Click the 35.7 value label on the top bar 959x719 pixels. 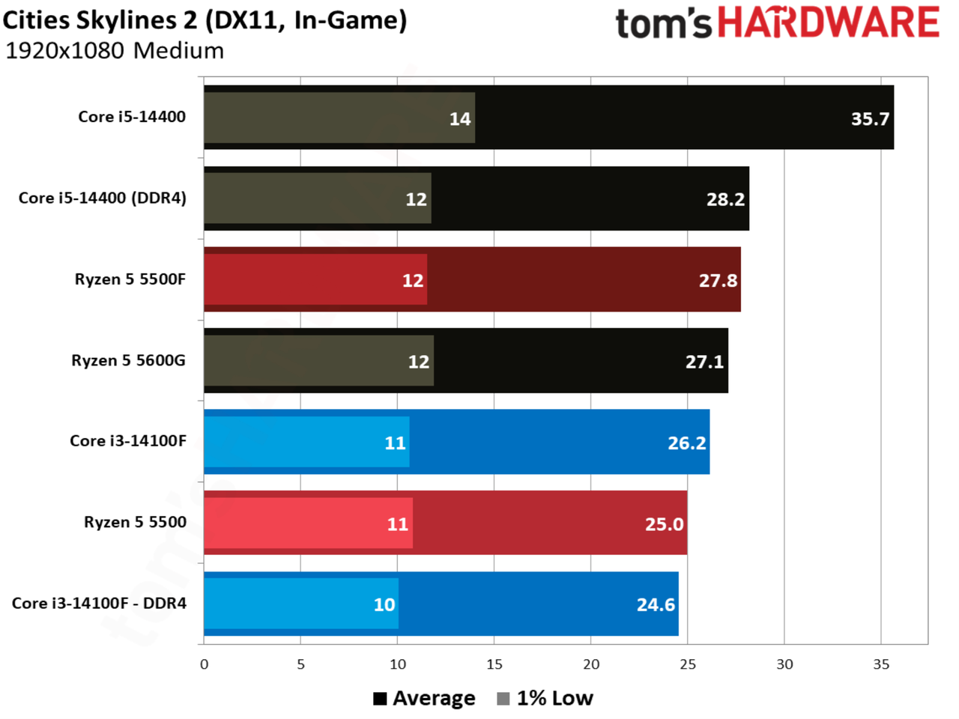click(x=869, y=119)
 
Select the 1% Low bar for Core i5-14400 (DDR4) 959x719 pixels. click(x=318, y=198)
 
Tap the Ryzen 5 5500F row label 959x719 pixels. click(x=130, y=279)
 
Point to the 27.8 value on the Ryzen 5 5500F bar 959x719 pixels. click(x=718, y=280)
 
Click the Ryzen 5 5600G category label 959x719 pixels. click(x=128, y=360)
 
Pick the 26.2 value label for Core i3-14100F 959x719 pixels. click(x=687, y=443)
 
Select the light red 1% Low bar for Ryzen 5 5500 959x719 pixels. click(x=309, y=523)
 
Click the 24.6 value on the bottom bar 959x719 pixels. click(x=656, y=604)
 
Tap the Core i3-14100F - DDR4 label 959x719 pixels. click(x=99, y=603)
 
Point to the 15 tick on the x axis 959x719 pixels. click(x=494, y=664)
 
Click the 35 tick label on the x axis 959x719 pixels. click(x=881, y=664)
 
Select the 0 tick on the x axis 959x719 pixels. click(x=204, y=664)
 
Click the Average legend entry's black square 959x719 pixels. click(x=380, y=699)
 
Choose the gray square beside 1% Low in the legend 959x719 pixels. click(x=503, y=699)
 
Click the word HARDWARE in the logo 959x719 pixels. click(x=829, y=22)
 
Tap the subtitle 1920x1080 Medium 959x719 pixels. click(x=115, y=51)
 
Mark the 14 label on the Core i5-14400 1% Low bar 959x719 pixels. click(x=460, y=119)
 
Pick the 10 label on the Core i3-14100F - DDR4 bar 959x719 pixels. click(x=384, y=604)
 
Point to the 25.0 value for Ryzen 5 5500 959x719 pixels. click(x=664, y=524)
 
